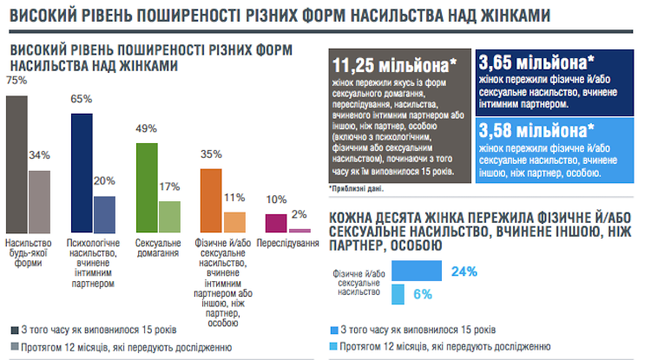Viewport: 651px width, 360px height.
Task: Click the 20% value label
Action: [x=104, y=180]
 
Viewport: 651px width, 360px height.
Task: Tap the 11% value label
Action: [x=234, y=197]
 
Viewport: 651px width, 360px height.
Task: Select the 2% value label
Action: [x=299, y=214]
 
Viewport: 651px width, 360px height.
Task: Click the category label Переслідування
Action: [x=287, y=244]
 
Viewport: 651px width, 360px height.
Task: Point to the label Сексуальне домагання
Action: [x=158, y=248]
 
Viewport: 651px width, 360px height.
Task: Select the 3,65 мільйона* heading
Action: [x=536, y=62]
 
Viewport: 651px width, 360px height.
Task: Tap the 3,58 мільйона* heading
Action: [x=536, y=130]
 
